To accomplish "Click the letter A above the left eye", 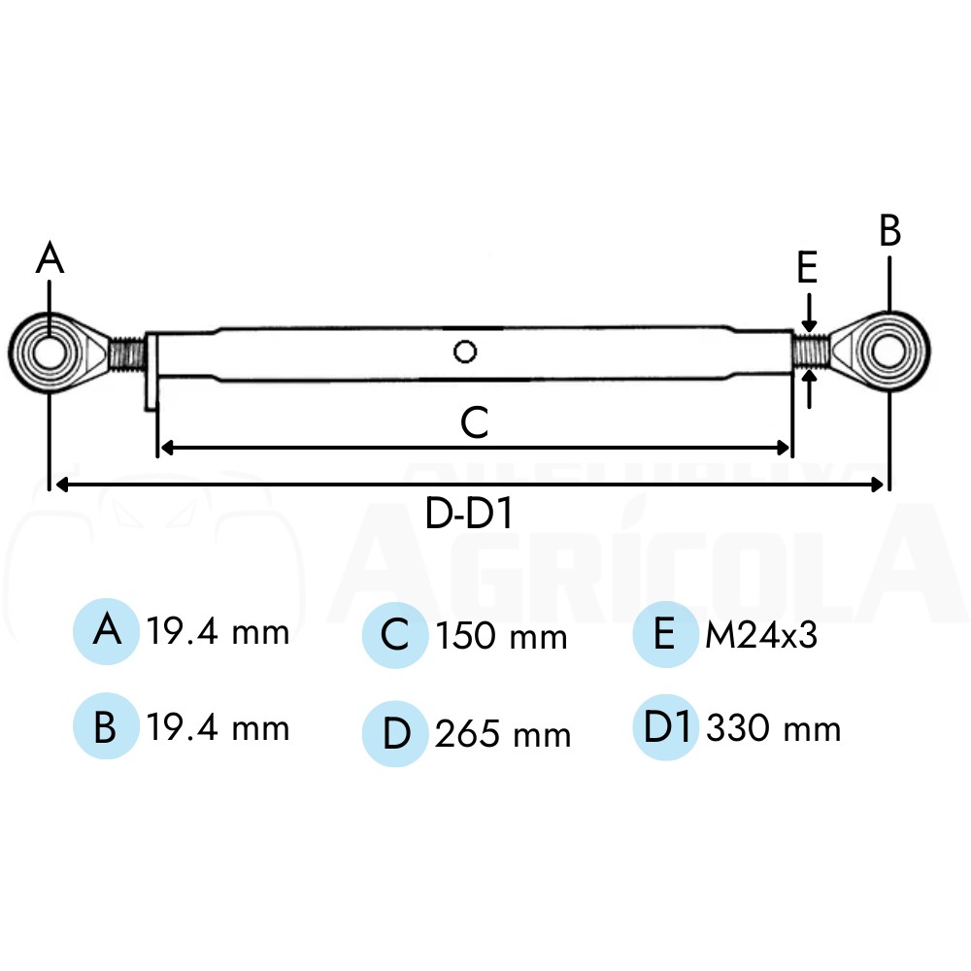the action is [x=50, y=257].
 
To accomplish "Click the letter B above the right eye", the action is [x=889, y=231].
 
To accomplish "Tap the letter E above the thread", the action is [x=807, y=268].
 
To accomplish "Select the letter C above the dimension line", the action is [x=475, y=422].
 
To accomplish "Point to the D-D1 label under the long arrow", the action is [x=469, y=514].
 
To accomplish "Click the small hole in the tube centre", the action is [x=465, y=352].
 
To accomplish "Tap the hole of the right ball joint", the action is [x=888, y=352].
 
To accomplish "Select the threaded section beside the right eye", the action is [x=811, y=352].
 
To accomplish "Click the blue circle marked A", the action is [x=106, y=631].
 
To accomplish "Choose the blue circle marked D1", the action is [x=666, y=727].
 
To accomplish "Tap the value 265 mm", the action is [x=502, y=734].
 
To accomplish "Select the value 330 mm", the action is [x=774, y=728].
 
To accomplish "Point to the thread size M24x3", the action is [x=761, y=635].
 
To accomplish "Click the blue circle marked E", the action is [x=666, y=634].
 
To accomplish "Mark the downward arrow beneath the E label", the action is [x=809, y=314].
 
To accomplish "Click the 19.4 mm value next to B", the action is [x=218, y=727].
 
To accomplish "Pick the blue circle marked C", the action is [x=395, y=635].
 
